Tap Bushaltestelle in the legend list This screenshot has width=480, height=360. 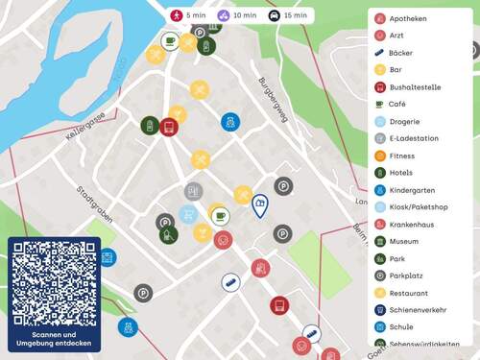[416, 86]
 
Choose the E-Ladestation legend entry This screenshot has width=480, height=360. [414, 138]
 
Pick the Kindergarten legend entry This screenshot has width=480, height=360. [412, 190]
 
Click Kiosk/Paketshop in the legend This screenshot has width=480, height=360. [419, 207]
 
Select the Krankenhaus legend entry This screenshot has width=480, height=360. [414, 225]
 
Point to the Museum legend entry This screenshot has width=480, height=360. [403, 242]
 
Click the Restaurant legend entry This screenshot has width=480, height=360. [409, 293]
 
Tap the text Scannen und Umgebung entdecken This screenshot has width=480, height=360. [54, 338]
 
